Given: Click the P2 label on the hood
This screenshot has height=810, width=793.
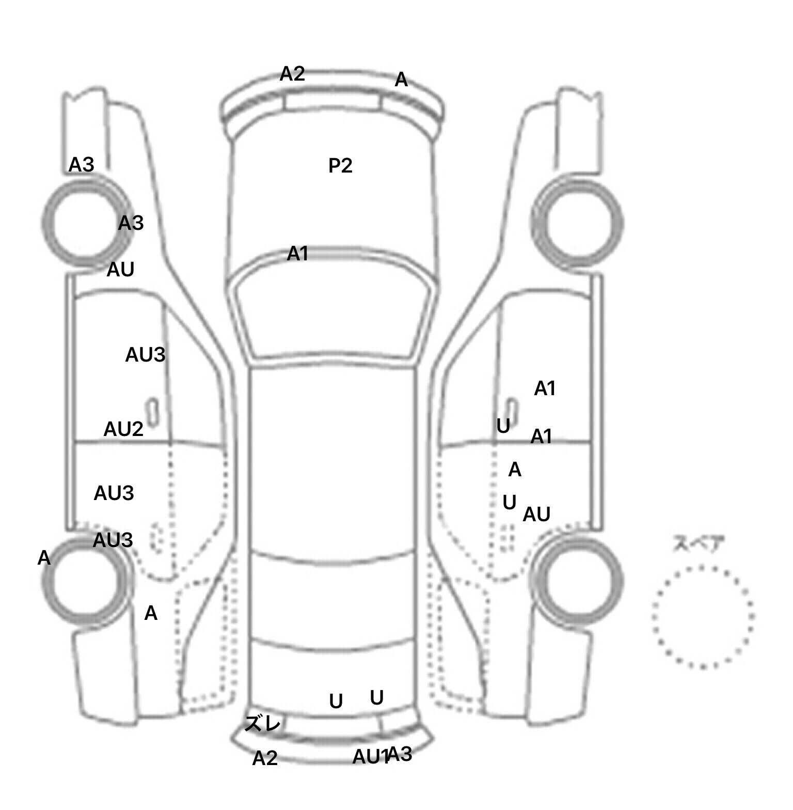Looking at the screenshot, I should [x=340, y=166].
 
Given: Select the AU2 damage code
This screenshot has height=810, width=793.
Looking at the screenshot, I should [x=123, y=429].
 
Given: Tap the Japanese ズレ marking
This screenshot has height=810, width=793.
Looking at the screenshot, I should [x=262, y=724].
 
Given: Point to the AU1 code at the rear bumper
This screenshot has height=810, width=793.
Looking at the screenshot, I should [x=369, y=757].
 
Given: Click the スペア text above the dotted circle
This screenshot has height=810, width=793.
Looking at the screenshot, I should [x=698, y=544].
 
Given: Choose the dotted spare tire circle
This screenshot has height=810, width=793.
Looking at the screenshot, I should [x=703, y=617].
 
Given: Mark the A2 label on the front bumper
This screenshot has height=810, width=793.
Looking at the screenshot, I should [x=292, y=74].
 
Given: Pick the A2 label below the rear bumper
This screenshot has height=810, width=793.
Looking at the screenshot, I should [x=265, y=758].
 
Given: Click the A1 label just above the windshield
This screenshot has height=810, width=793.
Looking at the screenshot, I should [x=297, y=254].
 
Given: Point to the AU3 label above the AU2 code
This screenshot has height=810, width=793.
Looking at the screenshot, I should [x=145, y=355].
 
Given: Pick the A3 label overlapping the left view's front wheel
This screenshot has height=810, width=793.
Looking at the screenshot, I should [x=131, y=223].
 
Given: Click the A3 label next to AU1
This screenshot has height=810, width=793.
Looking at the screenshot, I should [x=401, y=754].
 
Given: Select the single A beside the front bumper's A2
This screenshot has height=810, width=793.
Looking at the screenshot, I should [x=401, y=80].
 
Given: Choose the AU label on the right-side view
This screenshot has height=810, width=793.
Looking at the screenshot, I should [x=536, y=515].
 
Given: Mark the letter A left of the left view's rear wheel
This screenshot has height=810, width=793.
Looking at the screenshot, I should [x=44, y=558].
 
